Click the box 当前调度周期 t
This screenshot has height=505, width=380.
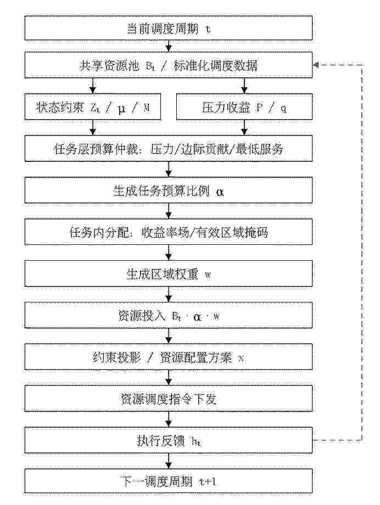168,28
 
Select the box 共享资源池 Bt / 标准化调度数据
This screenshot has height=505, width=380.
168,65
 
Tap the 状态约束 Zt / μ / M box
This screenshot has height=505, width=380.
93,107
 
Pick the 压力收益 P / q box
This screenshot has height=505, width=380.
244,107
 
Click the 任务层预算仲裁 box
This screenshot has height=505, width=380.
168,148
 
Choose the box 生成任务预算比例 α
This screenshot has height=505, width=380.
168,190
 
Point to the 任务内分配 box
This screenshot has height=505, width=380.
168,232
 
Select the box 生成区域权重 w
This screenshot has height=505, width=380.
168,274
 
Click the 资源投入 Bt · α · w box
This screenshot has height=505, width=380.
168,315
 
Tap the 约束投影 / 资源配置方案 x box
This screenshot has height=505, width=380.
168,357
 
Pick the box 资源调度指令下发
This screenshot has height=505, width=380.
168,399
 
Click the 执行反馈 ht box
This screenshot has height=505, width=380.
168,440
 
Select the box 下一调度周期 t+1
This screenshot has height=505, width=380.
168,481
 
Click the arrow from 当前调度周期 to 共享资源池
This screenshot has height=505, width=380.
168,46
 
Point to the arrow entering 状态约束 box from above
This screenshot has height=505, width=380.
93,86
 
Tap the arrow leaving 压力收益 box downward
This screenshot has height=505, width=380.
244,127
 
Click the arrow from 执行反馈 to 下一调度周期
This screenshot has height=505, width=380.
168,461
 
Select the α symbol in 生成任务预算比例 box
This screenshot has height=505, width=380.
220,192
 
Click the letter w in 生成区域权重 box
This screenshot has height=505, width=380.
208,275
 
